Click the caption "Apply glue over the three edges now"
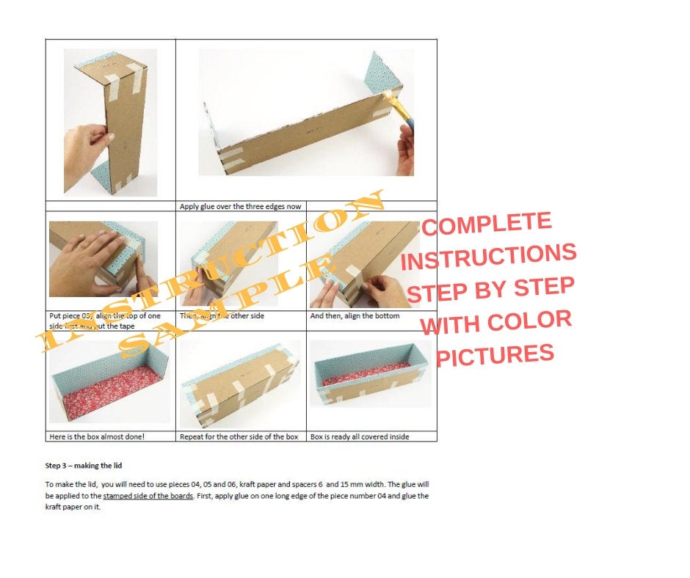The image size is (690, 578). (x=240, y=206)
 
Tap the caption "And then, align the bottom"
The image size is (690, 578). (x=355, y=316)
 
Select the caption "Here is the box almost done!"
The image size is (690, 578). (x=96, y=436)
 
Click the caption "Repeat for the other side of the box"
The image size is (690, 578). (x=239, y=436)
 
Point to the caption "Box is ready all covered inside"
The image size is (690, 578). (x=360, y=436)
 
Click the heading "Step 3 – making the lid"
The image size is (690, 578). (x=84, y=465)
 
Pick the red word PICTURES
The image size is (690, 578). (x=495, y=355)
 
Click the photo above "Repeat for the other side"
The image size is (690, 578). (x=240, y=381)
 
